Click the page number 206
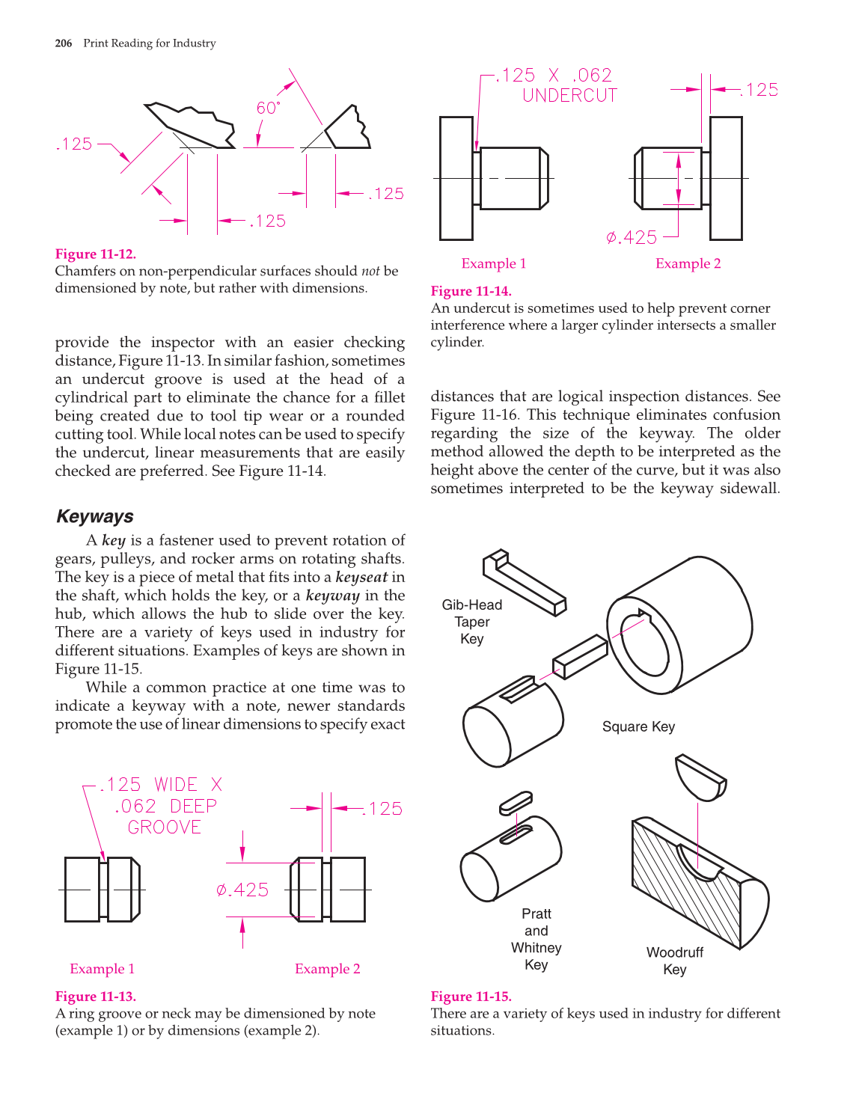(x=64, y=43)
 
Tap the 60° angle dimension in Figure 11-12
(x=268, y=108)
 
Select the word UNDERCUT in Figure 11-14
(x=569, y=96)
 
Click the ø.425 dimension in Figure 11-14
(x=632, y=238)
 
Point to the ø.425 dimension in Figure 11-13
(x=242, y=890)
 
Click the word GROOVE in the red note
(x=164, y=827)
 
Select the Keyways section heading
(x=95, y=516)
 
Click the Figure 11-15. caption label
(x=471, y=997)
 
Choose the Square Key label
(x=638, y=726)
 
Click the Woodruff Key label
(x=675, y=961)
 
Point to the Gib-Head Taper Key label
(x=472, y=622)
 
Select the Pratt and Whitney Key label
(x=537, y=939)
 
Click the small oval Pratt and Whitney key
(x=516, y=802)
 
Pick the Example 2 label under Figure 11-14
(x=688, y=263)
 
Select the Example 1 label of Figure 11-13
(x=102, y=969)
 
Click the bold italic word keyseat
(x=361, y=577)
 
